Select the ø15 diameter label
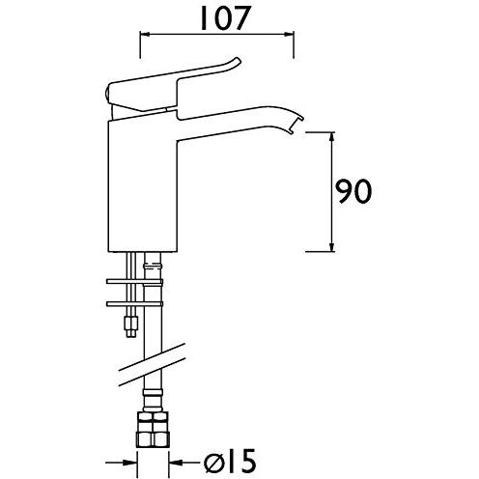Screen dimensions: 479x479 pyautogui.click(x=230, y=463)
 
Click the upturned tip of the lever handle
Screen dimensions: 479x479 pyautogui.click(x=238, y=60)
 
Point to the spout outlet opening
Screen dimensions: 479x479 pyautogui.click(x=297, y=126)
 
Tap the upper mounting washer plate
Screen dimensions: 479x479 pyautogui.click(x=134, y=282)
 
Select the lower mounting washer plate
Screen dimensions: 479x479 pyautogui.click(x=134, y=303)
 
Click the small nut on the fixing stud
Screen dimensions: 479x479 pyautogui.click(x=131, y=326)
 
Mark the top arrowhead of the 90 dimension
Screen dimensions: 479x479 pyautogui.click(x=332, y=137)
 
